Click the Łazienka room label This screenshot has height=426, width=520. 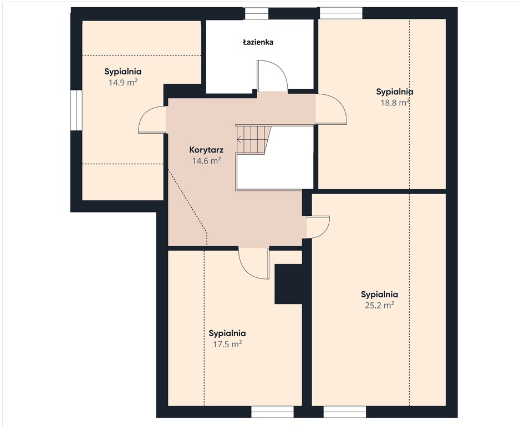point(258,42)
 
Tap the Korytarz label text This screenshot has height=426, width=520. point(206,150)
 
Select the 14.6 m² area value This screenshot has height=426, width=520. point(207,161)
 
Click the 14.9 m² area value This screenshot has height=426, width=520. point(123,83)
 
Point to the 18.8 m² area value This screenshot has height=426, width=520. point(395,103)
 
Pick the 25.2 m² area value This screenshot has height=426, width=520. point(379,305)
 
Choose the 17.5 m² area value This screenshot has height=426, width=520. point(227,344)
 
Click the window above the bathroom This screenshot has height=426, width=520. point(256,14)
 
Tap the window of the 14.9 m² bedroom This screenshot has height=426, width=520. point(76,110)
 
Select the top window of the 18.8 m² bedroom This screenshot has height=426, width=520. point(341,13)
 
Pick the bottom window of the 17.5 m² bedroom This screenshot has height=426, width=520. point(272,412)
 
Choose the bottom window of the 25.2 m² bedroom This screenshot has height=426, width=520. point(345,412)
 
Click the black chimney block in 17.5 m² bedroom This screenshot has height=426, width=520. point(288,284)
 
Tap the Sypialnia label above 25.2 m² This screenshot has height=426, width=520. point(379,295)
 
